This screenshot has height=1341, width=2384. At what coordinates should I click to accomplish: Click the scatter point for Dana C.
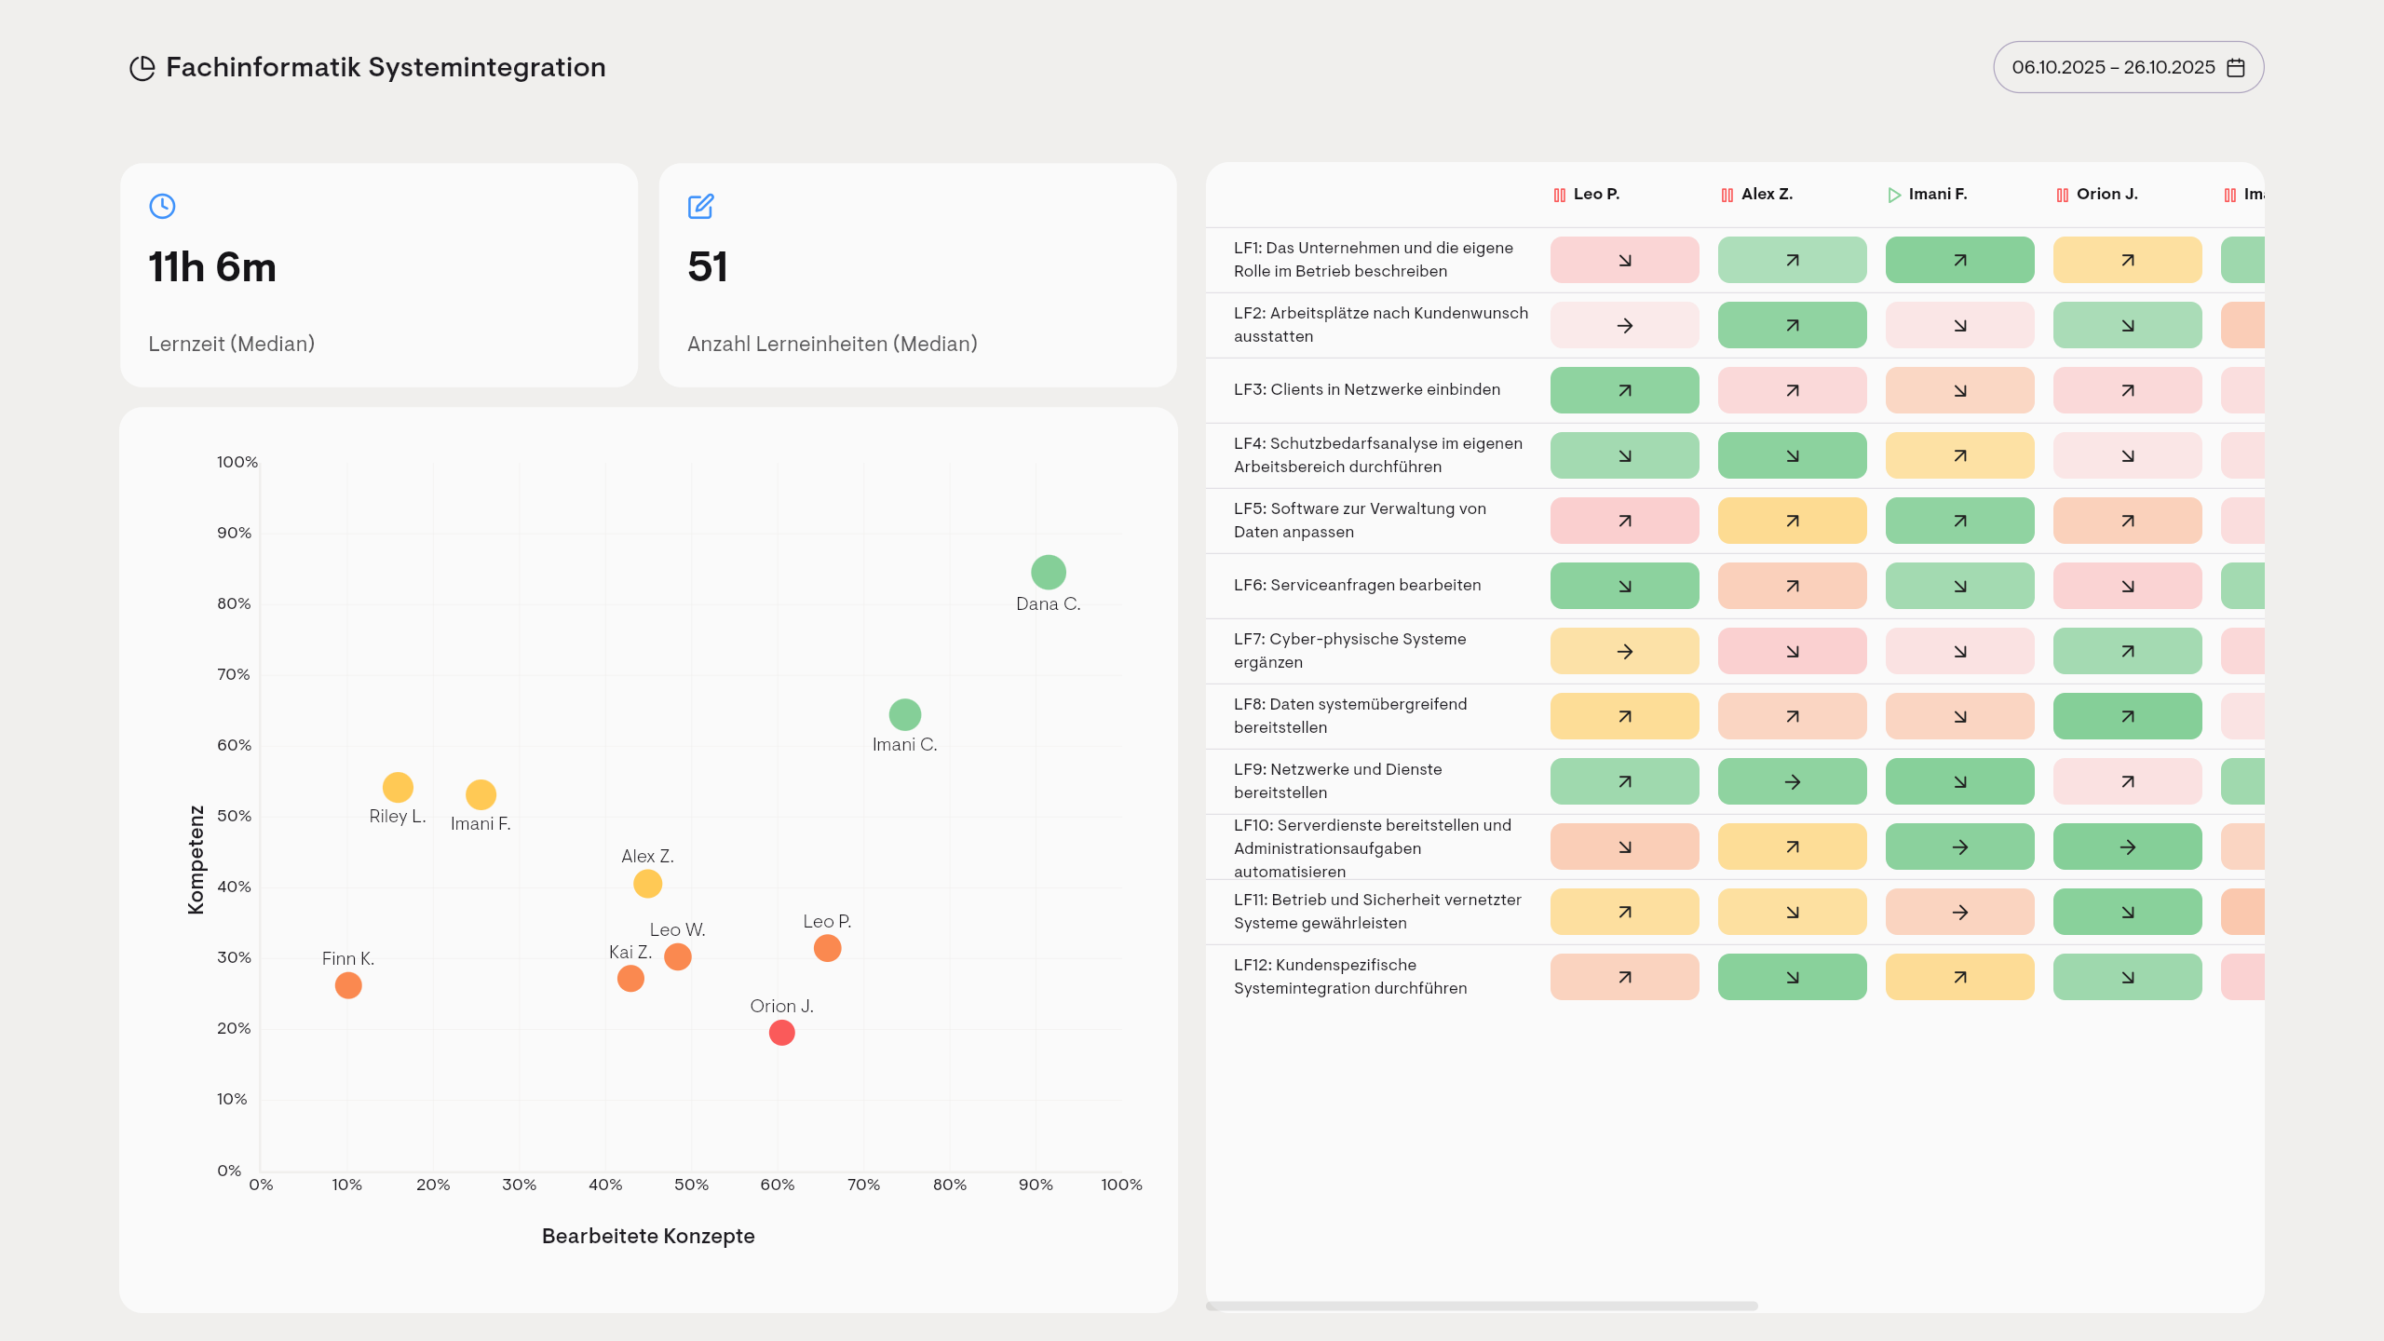(1048, 572)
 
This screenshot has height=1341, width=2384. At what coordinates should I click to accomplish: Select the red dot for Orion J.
(781, 1032)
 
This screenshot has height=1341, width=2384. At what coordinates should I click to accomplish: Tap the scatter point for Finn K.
(348, 984)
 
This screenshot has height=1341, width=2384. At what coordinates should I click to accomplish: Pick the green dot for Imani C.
(904, 714)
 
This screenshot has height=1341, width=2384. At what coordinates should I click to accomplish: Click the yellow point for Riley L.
(398, 787)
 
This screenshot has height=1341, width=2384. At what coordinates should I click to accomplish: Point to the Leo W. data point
(678, 956)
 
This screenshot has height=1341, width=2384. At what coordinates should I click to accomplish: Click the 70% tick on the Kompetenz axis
(234, 674)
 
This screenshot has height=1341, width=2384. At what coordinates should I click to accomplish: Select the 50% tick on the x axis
(691, 1185)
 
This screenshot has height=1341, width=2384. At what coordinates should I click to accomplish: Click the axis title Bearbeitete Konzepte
(648, 1236)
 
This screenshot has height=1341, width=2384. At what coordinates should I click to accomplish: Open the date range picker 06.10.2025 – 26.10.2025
(2128, 67)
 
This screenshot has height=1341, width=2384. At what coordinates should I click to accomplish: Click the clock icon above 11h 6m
(162, 206)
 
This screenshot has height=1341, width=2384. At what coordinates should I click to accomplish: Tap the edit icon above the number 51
(700, 206)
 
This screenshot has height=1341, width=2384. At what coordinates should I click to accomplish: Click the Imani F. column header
(1937, 194)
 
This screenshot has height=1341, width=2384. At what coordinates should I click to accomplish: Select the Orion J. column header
(2106, 194)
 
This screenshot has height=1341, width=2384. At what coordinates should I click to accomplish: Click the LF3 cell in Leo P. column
(1624, 390)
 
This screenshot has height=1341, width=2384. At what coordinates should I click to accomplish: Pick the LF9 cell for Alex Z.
(1792, 781)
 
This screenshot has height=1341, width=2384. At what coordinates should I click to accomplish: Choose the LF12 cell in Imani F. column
(1959, 977)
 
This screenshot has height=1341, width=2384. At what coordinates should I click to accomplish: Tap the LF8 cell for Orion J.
(2127, 716)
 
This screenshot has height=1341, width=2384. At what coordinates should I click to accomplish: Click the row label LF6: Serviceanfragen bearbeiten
(1357, 585)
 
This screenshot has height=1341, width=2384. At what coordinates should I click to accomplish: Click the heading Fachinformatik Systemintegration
(386, 67)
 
